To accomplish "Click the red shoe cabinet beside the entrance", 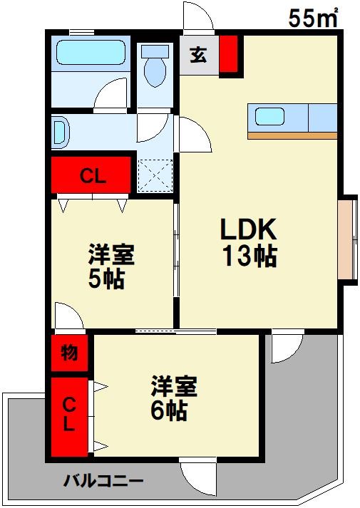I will pyautogui.click(x=227, y=54).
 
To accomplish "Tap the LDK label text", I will pyautogui.click(x=247, y=229).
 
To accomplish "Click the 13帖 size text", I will pyautogui.click(x=249, y=256).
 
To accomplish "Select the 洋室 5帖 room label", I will pyautogui.click(x=111, y=266).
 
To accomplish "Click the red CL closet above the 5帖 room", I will pyautogui.click(x=92, y=176).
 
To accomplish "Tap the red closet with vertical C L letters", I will pyautogui.click(x=69, y=417).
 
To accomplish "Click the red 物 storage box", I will pyautogui.click(x=69, y=353).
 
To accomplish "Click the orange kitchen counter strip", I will pyautogui.click(x=292, y=135).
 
